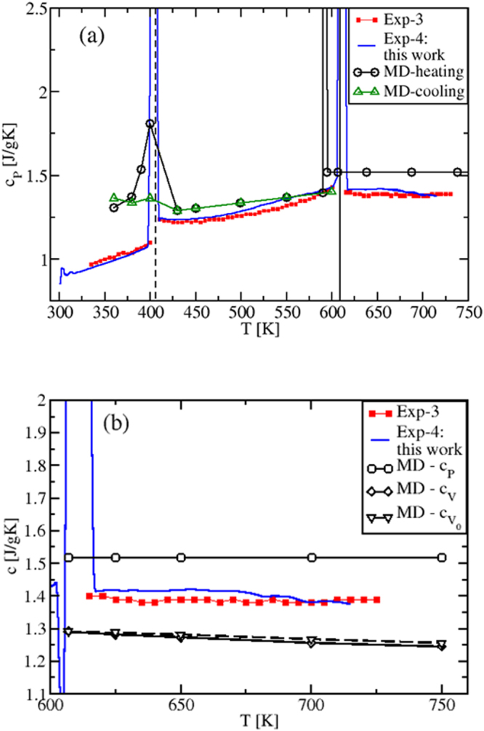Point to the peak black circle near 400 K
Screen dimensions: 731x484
[150, 124]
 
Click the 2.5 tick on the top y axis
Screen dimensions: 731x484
[39, 8]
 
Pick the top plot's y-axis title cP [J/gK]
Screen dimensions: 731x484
[9, 156]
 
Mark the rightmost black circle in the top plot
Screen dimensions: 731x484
[458, 172]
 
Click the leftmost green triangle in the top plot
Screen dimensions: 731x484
[113, 197]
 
